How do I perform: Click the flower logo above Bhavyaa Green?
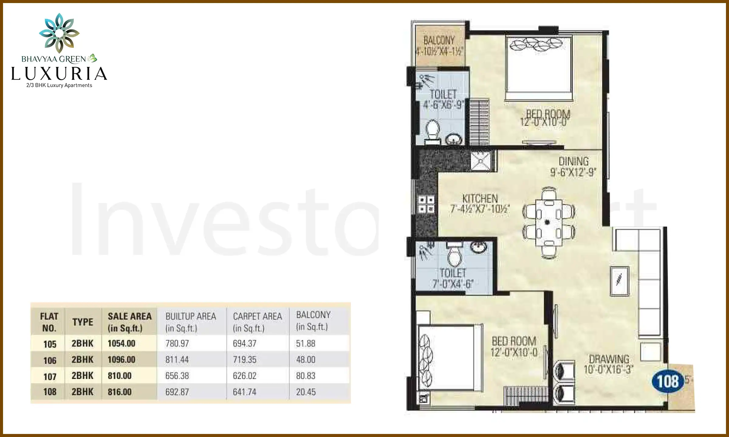click(x=59, y=33)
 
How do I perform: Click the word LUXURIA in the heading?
click(x=59, y=74)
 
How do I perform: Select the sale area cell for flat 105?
click(x=122, y=344)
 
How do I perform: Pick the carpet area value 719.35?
click(x=245, y=360)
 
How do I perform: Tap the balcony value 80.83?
click(x=306, y=376)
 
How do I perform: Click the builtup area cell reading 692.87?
click(x=177, y=392)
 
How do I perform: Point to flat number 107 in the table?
click(x=50, y=377)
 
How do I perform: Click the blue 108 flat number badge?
click(x=668, y=381)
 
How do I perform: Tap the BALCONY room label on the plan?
click(x=439, y=40)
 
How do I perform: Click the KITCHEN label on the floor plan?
click(x=480, y=199)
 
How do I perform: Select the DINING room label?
click(x=573, y=161)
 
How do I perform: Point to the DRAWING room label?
click(x=609, y=359)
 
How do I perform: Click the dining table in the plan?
click(x=549, y=222)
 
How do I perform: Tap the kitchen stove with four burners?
click(x=426, y=204)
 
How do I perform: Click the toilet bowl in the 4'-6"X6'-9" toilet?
click(x=433, y=130)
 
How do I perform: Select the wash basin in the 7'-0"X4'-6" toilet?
click(x=479, y=247)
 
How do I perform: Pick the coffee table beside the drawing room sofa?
click(x=619, y=281)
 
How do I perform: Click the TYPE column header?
click(x=83, y=322)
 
